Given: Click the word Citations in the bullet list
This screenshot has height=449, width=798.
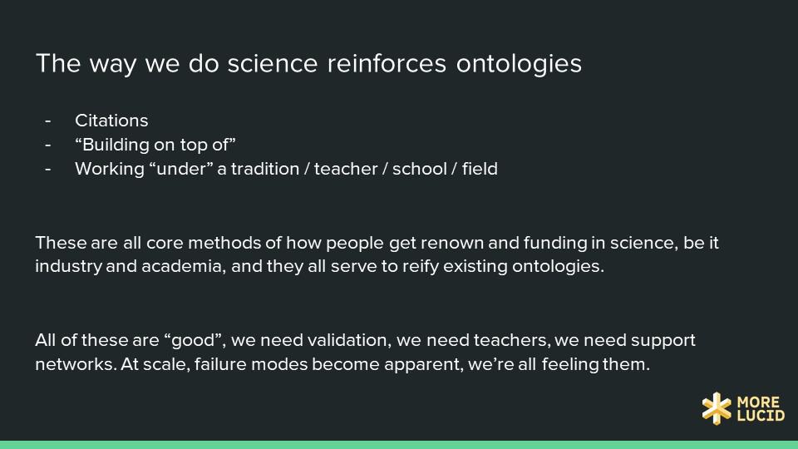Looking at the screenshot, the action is click(x=111, y=121).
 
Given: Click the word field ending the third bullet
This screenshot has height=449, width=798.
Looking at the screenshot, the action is click(x=480, y=169).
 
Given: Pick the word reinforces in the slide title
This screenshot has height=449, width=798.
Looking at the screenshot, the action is click(x=387, y=64).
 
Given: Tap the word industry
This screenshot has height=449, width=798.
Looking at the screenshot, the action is click(x=68, y=267).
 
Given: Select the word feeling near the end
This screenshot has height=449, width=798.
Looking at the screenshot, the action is click(x=570, y=364).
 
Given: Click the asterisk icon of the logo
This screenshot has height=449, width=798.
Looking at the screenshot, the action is click(x=717, y=407).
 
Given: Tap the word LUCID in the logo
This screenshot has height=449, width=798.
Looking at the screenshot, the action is click(x=761, y=416).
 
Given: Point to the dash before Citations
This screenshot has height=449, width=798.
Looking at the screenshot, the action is click(x=48, y=121).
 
